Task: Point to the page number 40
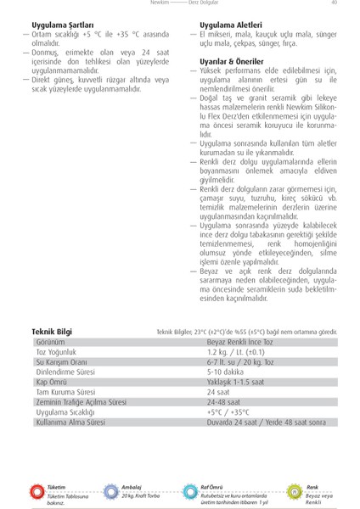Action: pyautogui.click(x=335, y=3)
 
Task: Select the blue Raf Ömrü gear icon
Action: pyautogui.click(x=191, y=491)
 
